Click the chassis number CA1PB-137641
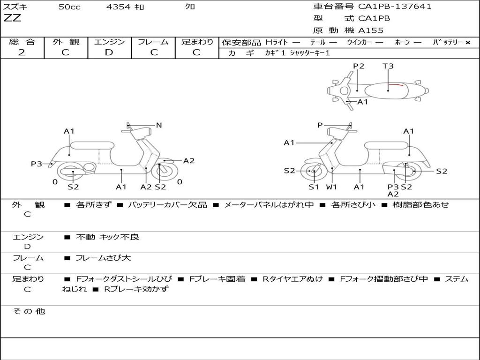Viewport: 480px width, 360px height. (x=395, y=7)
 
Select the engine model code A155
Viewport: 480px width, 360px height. (x=371, y=30)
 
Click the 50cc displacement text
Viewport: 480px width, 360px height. (x=69, y=7)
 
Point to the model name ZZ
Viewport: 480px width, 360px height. (x=12, y=19)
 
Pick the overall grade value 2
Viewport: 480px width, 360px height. (x=22, y=52)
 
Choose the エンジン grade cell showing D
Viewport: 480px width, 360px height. (x=109, y=52)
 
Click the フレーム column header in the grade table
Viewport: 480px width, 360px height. (x=153, y=42)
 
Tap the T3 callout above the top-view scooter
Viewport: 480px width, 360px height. (x=388, y=66)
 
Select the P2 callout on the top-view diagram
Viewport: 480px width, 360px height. (x=359, y=66)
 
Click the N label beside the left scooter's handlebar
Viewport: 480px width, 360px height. (x=159, y=125)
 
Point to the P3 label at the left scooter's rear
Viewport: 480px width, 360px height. (x=37, y=164)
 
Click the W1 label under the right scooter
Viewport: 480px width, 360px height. (x=332, y=187)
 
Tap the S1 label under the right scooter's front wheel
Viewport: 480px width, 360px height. (x=314, y=187)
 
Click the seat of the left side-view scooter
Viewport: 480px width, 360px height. (x=92, y=145)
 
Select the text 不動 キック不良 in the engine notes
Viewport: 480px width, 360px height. (x=108, y=237)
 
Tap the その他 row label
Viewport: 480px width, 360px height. (x=29, y=311)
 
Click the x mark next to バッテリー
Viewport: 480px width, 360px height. (x=468, y=42)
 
